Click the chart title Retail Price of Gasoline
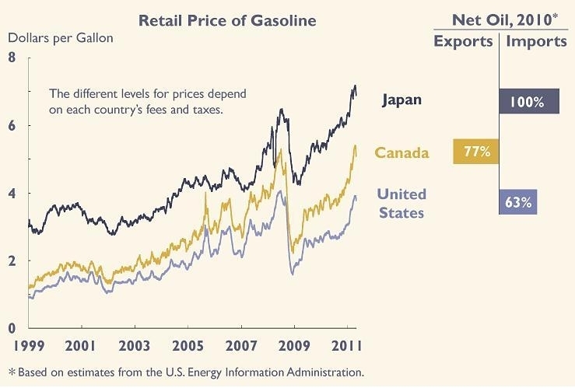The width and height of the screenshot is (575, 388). pyautogui.click(x=227, y=20)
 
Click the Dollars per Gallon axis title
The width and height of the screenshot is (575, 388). pyautogui.click(x=61, y=37)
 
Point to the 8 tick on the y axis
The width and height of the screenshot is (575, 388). pyautogui.click(x=12, y=58)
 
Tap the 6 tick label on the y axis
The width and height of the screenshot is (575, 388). pyautogui.click(x=12, y=126)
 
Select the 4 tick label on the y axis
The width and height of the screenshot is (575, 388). pyautogui.click(x=12, y=194)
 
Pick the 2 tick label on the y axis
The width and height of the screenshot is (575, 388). pyautogui.click(x=12, y=261)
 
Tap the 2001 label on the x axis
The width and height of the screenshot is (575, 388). pyautogui.click(x=81, y=345)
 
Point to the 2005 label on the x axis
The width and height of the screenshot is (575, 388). pyautogui.click(x=188, y=345)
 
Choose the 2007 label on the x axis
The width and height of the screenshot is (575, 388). pyautogui.click(x=241, y=345)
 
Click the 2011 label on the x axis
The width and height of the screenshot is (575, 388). pyautogui.click(x=344, y=345)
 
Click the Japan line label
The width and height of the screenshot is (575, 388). pyautogui.click(x=401, y=100)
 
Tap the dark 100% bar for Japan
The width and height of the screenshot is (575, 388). pyautogui.click(x=529, y=101)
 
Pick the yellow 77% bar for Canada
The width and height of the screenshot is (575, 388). pyautogui.click(x=476, y=152)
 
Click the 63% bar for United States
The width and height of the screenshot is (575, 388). pyautogui.click(x=517, y=202)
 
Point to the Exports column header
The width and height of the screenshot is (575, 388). pyautogui.click(x=463, y=41)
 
